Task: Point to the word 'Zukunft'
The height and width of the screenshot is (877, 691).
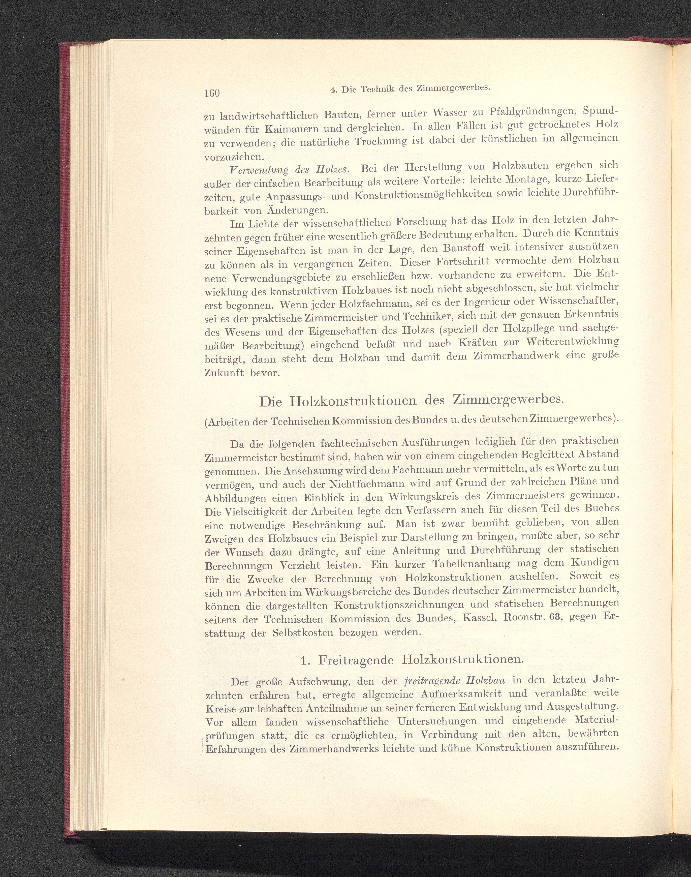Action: point(225,373)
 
